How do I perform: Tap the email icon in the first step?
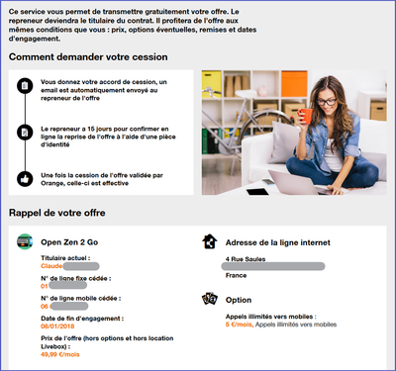coord(25,86)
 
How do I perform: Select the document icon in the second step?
coord(25,132)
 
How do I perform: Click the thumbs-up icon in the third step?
coord(25,178)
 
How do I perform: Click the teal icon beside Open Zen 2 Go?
coord(25,240)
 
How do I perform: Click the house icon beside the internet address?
coord(209,240)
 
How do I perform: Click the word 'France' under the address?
coord(237,276)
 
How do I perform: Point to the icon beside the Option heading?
coord(209,298)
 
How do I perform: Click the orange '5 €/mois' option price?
coord(240,323)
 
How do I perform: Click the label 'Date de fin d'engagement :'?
coord(82,318)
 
